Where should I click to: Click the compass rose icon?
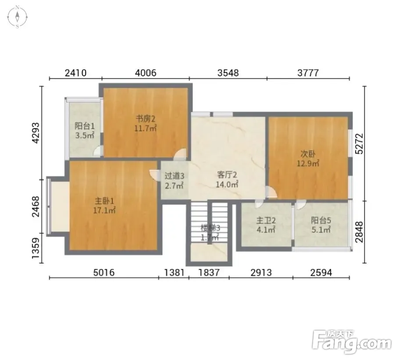click(17, 17)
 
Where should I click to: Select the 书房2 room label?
click(145, 118)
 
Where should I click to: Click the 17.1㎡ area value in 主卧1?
click(105, 210)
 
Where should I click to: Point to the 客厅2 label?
click(227, 175)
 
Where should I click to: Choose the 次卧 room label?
click(308, 153)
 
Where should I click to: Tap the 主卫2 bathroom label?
click(266, 220)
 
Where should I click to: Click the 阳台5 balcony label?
click(321, 220)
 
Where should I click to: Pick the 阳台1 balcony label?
click(85, 126)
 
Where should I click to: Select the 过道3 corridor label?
click(175, 176)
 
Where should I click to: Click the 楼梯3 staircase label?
click(210, 228)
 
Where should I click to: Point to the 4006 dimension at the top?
click(146, 73)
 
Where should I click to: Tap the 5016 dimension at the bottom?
click(104, 273)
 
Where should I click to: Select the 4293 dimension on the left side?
click(36, 133)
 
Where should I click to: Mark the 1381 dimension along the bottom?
click(174, 273)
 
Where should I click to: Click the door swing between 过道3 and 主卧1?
click(154, 174)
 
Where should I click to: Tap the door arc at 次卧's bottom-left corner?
click(271, 192)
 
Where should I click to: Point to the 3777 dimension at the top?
click(308, 73)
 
